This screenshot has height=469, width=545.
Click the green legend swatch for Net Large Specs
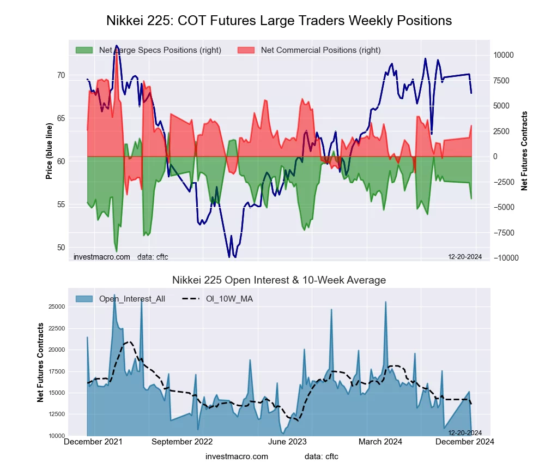coord(84,50)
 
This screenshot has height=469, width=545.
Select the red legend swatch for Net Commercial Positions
coord(246,50)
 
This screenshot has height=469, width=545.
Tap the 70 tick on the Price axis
coord(60,75)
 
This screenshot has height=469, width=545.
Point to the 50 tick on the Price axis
coord(60,248)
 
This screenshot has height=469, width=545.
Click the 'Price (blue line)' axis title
coord(49,151)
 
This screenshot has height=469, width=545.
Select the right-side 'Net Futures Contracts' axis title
coord(525,151)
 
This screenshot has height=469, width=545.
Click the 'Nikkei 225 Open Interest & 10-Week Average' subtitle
coord(279,280)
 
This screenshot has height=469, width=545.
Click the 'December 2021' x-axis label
coord(93,442)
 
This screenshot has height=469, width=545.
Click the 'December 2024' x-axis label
coord(463,442)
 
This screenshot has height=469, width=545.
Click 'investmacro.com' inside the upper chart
coord(101,257)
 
